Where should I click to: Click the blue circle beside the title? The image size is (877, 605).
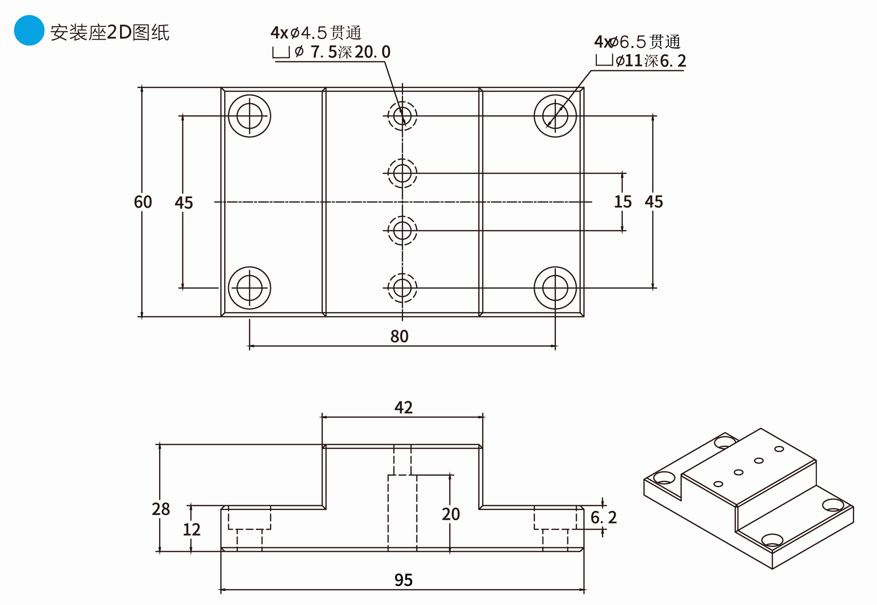coord(29,30)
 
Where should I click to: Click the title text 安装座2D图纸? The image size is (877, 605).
coord(110,32)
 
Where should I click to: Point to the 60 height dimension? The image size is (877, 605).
coord(143,202)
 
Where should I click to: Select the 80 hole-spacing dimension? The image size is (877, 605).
coord(399,336)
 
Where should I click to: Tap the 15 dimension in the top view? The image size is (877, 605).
coord(622,202)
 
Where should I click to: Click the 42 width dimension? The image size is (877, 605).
coord(403,408)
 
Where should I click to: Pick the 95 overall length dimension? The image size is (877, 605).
coord(403,580)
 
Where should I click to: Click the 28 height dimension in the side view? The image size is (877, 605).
coord(161,509)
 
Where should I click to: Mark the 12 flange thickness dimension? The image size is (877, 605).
coord(191,530)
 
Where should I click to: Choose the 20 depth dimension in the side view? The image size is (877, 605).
coord(451,514)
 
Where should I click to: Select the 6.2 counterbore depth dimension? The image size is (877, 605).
coord(604,518)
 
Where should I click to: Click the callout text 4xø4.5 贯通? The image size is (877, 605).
coord(316,33)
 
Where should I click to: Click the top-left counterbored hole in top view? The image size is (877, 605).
coord(249,116)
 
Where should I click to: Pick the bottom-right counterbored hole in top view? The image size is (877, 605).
coord(555,288)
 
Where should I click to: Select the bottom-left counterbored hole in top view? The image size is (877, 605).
coord(249,288)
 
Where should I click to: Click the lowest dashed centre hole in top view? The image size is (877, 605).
coord(402,288)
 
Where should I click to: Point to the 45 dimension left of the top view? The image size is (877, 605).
coord(184,203)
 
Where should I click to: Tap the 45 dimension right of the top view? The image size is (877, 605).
coord(654,202)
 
